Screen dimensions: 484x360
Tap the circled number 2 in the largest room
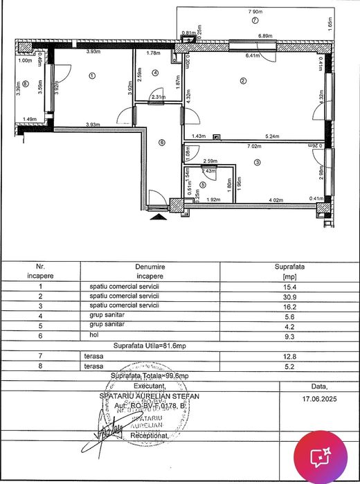coord(243,82)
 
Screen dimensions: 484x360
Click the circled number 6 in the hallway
coord(161,143)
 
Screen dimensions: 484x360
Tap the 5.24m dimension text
coord(272,136)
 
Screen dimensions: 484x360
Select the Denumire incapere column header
coord(145,271)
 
